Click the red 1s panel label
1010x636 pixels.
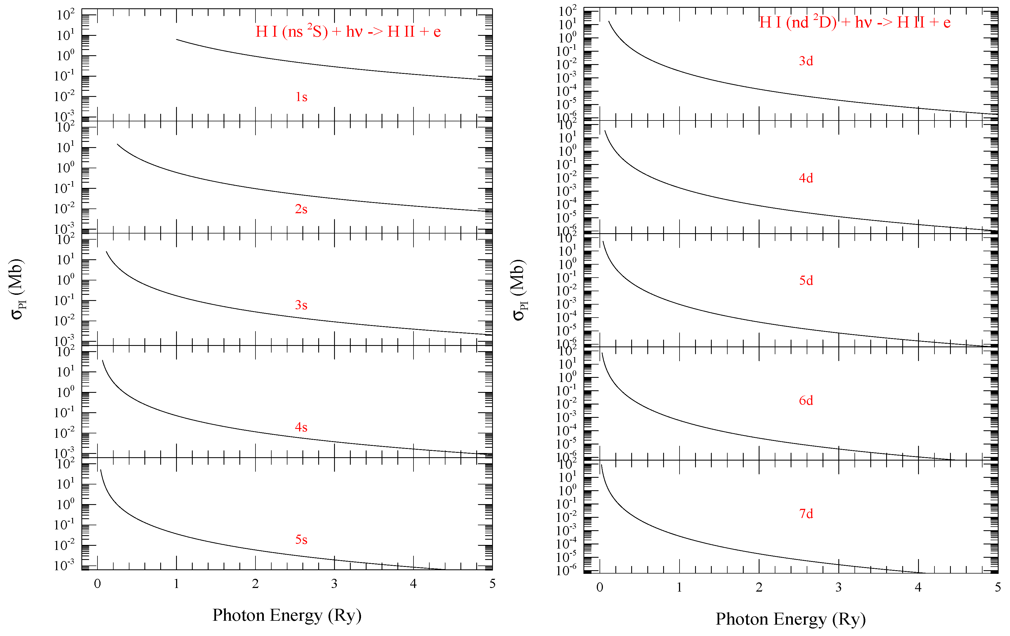pos(301,97)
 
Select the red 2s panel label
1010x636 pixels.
pos(301,209)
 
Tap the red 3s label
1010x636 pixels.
pos(301,305)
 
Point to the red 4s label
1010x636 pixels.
pos(301,427)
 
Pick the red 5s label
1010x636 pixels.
pos(301,540)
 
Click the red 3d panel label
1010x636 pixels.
pos(806,61)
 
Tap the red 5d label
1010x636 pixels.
pos(806,280)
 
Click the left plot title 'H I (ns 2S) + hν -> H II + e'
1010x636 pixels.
pos(348,31)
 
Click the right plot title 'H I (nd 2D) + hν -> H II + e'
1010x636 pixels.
pos(855,22)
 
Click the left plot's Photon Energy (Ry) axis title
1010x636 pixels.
pos(287,615)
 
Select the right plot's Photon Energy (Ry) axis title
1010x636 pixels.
pos(790,619)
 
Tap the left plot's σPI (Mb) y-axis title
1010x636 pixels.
pos(17,289)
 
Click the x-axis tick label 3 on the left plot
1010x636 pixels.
pos(334,584)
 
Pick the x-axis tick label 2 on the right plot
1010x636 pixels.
pos(759,587)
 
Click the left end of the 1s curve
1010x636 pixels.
pos(177,39)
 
